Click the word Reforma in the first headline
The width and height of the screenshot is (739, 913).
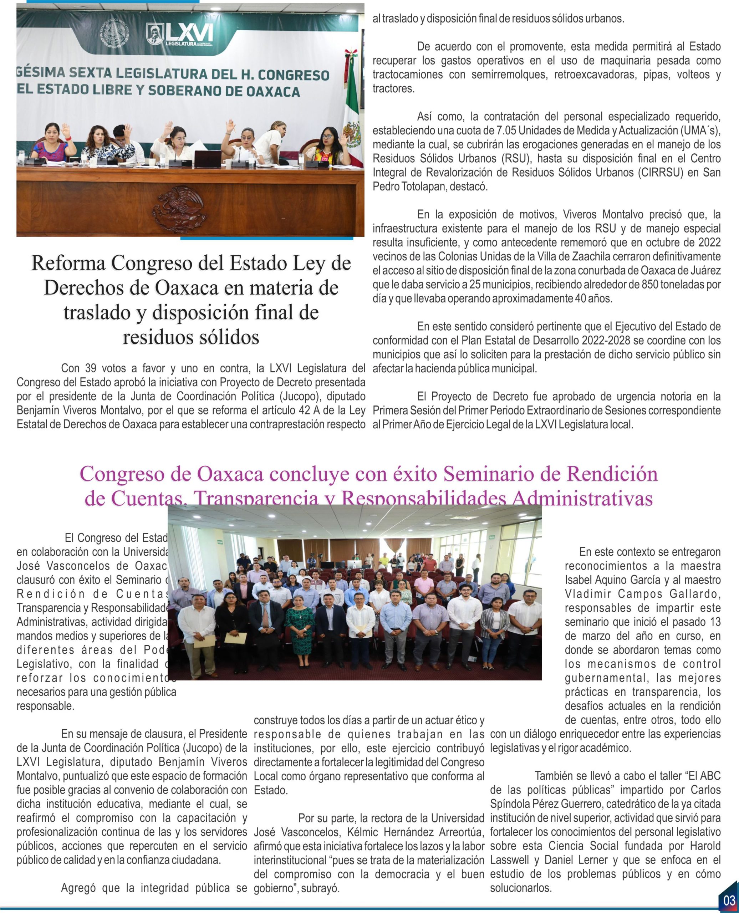(x=68, y=264)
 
